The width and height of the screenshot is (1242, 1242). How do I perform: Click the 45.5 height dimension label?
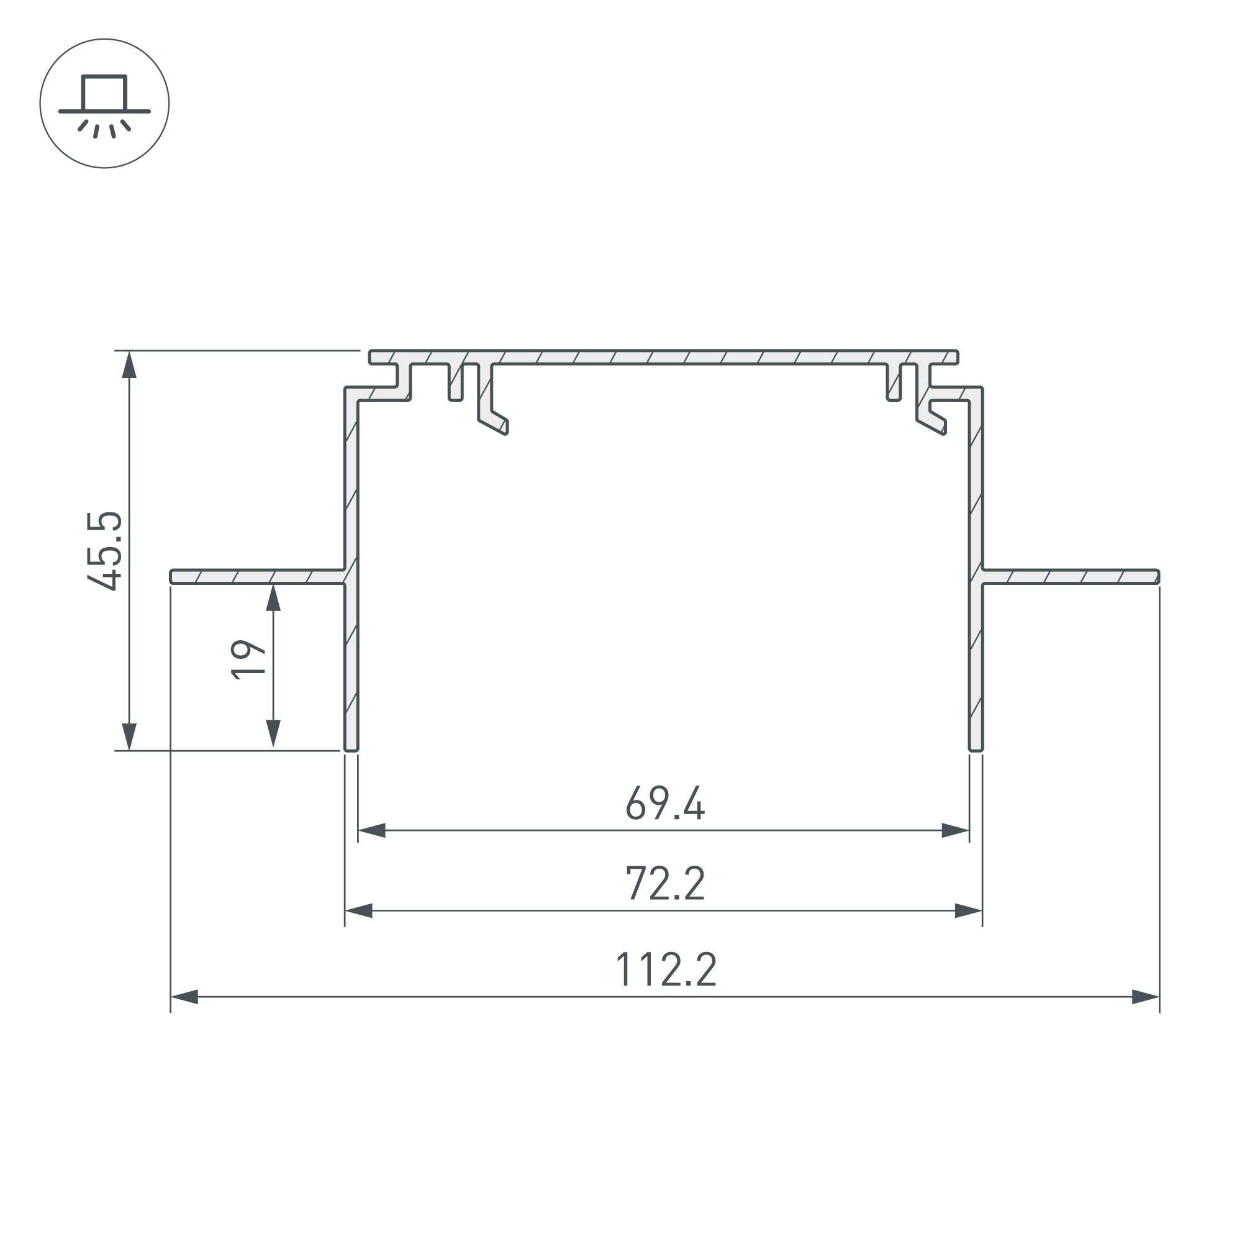coord(104,550)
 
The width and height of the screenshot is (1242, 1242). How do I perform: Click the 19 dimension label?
coord(248,660)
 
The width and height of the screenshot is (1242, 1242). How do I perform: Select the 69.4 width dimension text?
coord(665,804)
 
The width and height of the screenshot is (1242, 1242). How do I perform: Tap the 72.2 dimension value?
coord(665,884)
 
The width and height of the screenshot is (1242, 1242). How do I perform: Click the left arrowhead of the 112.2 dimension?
coord(184,997)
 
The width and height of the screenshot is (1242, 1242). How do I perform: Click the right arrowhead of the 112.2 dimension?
coord(1145,997)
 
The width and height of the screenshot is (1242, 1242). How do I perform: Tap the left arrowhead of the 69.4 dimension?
coord(371,830)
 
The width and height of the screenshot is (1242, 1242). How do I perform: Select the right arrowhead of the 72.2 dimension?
coord(968,911)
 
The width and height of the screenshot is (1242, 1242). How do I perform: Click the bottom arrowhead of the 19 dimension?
coord(273,733)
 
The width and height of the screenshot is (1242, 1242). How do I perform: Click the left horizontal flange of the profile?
coord(257,577)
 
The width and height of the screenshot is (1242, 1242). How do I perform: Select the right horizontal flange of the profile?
coord(1071,577)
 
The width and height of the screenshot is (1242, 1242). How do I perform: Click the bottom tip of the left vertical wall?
coord(351,748)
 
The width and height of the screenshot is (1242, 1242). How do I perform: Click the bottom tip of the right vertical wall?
coord(975,748)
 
